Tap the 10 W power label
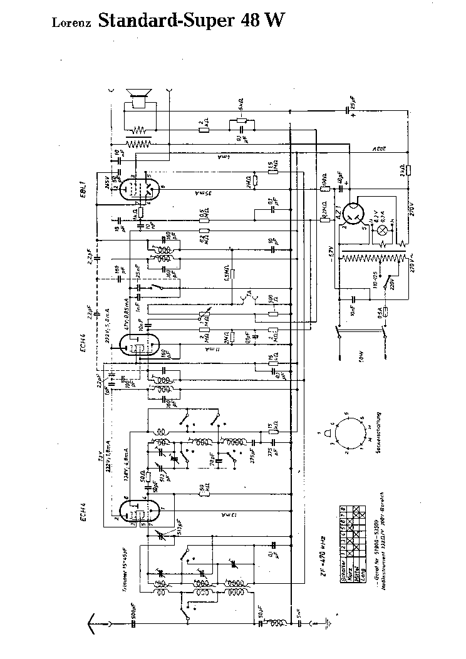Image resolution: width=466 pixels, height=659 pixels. coord(361,358)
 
